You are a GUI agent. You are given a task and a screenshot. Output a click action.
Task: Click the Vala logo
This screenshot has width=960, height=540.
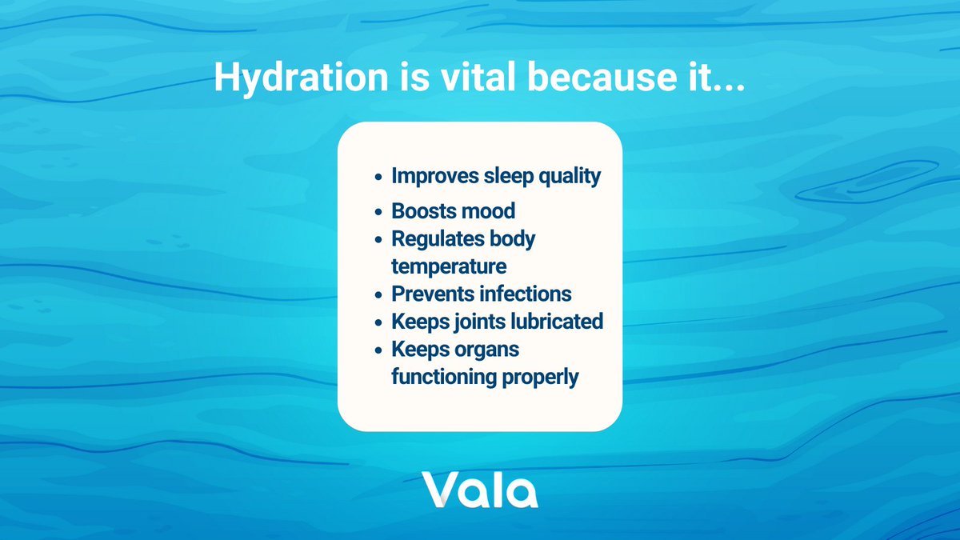pos(480,490)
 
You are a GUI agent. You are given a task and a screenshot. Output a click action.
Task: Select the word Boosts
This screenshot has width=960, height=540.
pos(424,212)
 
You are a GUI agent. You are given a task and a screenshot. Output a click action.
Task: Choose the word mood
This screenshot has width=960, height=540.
pos(489,212)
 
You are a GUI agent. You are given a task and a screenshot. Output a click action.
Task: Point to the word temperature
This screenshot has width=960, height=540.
pos(449,266)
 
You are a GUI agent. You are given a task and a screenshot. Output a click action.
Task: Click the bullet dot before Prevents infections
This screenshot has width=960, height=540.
pos(380,295)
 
